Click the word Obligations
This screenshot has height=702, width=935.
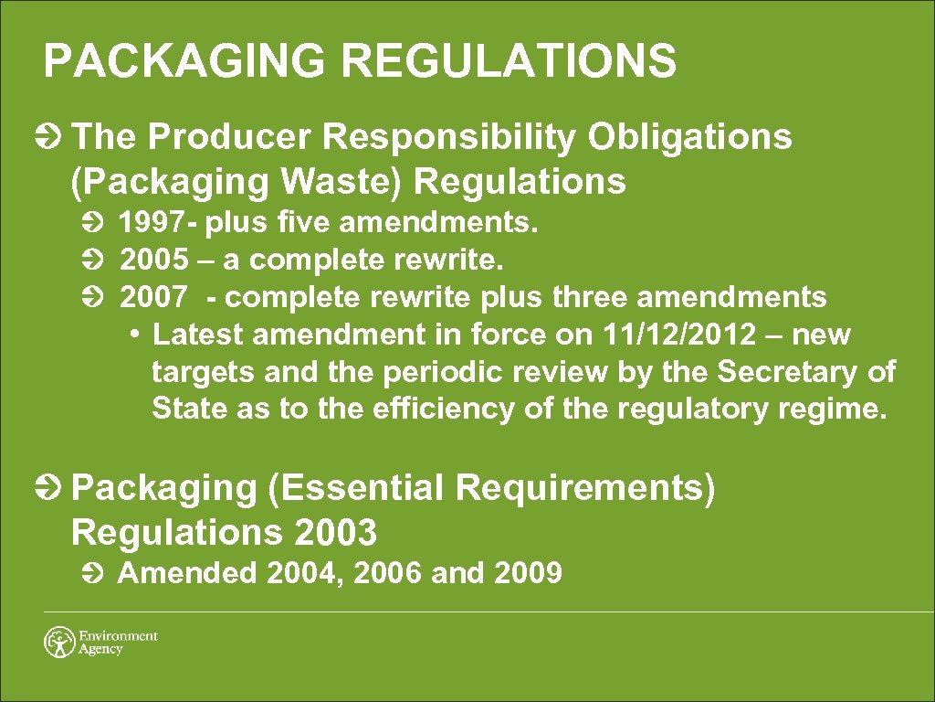pyautogui.click(x=689, y=138)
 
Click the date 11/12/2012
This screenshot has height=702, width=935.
pyautogui.click(x=679, y=335)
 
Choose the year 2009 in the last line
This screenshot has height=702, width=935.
pyautogui.click(x=527, y=574)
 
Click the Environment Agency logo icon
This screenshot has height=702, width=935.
pyautogui.click(x=59, y=641)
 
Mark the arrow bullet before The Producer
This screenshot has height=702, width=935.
pyautogui.click(x=52, y=139)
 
